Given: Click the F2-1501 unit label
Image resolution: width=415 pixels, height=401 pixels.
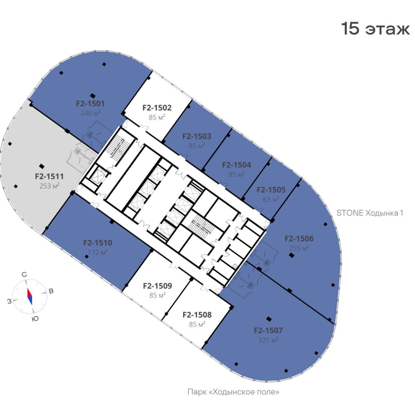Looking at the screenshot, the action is pyautogui.click(x=90, y=104).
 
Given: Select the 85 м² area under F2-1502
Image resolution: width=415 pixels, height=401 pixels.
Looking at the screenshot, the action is pyautogui.click(x=157, y=117).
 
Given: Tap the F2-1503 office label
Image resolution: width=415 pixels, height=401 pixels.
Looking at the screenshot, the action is pyautogui.click(x=196, y=136).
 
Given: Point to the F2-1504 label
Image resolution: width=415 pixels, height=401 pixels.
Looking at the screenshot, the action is pyautogui.click(x=236, y=165).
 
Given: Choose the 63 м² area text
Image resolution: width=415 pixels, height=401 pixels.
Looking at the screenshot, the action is pyautogui.click(x=271, y=199).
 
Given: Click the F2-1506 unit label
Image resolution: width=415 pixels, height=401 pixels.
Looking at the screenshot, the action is pyautogui.click(x=299, y=239).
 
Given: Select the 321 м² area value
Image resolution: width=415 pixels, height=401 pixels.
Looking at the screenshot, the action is pyautogui.click(x=268, y=340).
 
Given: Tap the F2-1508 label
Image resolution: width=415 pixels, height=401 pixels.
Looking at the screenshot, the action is pyautogui.click(x=197, y=315).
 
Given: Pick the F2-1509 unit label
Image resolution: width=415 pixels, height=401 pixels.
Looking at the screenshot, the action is pyautogui.click(x=157, y=286).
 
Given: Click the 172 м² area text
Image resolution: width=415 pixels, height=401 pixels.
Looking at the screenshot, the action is pyautogui.click(x=98, y=252).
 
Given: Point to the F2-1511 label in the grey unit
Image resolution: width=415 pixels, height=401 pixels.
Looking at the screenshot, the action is pyautogui.click(x=49, y=176).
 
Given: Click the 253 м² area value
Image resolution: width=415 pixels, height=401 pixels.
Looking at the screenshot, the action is pyautogui.click(x=49, y=186).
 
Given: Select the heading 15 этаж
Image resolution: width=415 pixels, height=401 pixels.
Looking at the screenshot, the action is pyautogui.click(x=375, y=29).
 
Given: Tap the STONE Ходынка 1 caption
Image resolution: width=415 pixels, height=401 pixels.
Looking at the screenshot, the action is pyautogui.click(x=370, y=213).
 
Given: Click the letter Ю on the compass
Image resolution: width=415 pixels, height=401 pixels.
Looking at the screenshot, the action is pyautogui.click(x=35, y=318).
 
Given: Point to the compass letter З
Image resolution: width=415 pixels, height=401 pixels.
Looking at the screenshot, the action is pyautogui.click(x=9, y=301).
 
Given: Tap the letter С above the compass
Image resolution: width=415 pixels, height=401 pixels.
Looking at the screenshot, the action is pyautogui.click(x=24, y=274).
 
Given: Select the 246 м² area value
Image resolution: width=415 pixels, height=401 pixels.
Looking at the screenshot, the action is pyautogui.click(x=90, y=113).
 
